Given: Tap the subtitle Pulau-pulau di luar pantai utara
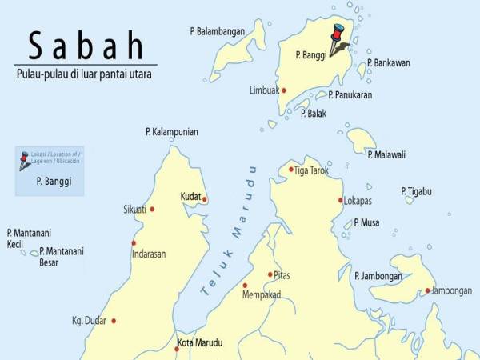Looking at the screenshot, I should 83,74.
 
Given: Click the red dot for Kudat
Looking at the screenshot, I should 205,199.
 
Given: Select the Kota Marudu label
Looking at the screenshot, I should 200,343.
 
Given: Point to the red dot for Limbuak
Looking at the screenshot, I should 283,90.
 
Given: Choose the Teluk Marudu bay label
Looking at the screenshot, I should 231,232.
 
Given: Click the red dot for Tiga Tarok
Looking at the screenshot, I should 291,169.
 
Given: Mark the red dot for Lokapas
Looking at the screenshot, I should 341,200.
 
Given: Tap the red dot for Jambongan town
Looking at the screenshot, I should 428,290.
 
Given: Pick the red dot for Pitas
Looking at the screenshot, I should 270,274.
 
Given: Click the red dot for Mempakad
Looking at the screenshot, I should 246,285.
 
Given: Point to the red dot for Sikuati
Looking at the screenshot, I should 152,210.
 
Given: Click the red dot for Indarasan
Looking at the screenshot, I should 134,243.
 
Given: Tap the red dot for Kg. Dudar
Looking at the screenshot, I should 114,321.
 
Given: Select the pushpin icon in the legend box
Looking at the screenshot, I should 26,162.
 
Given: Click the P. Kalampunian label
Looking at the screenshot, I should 172,132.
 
